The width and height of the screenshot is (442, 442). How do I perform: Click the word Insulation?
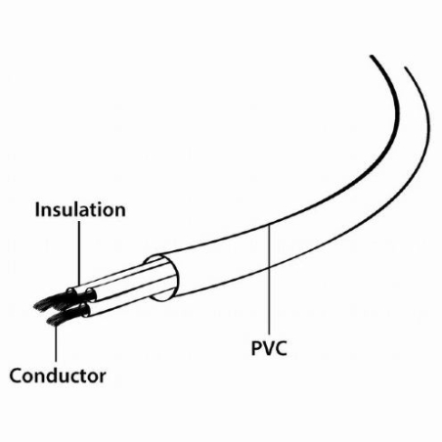(80, 209)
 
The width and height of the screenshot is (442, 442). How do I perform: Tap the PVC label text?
(269, 348)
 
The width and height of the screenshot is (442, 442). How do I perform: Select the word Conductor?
(58, 376)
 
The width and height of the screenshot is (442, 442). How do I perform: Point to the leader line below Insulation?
(79, 253)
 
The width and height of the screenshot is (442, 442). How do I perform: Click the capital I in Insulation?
(37, 209)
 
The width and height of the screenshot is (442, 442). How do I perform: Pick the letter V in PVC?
(269, 348)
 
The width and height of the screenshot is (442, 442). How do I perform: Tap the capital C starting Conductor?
(16, 376)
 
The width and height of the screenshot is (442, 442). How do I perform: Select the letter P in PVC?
(256, 348)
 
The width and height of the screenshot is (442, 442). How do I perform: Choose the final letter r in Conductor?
(102, 377)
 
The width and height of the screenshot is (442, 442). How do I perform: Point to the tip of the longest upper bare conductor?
(34, 306)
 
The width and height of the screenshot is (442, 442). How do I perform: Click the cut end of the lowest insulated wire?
(84, 310)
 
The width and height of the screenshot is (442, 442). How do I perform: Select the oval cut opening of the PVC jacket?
(162, 278)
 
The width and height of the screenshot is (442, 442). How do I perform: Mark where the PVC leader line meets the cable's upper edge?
(270, 225)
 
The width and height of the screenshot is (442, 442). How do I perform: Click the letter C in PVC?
(281, 348)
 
